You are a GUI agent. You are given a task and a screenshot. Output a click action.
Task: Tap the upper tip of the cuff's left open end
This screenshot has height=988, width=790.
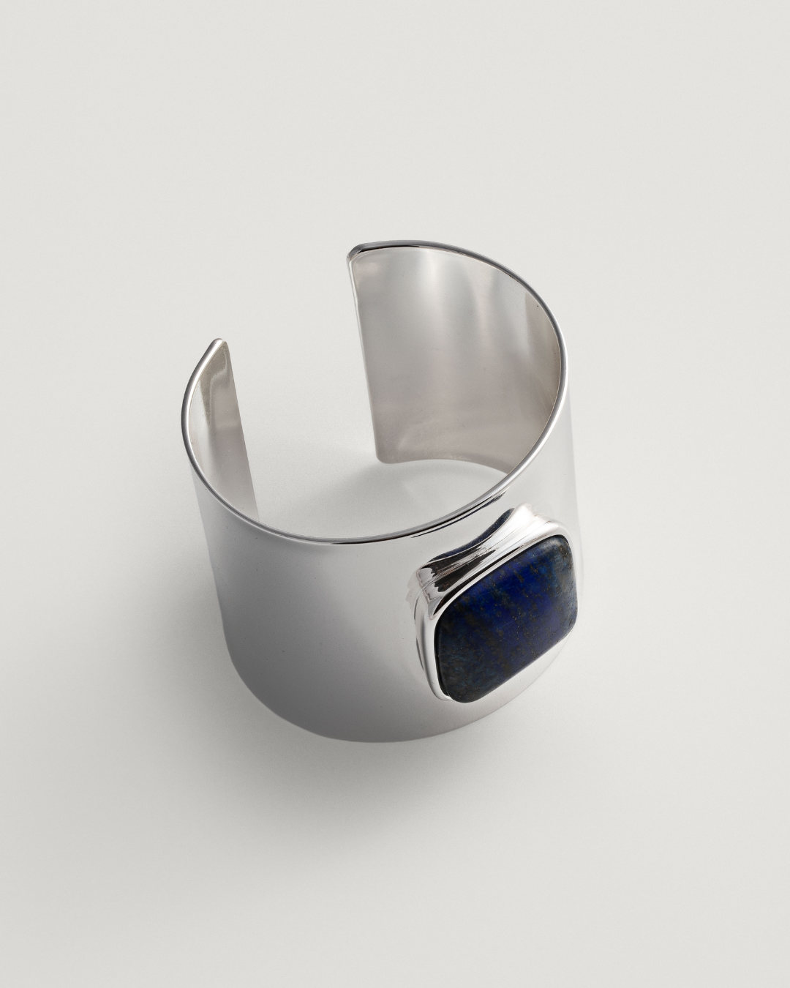point(217,343)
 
